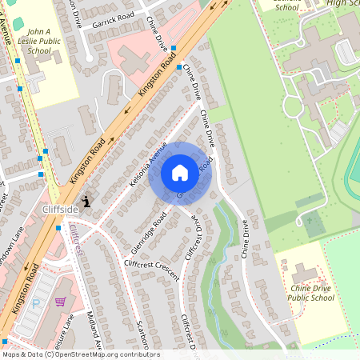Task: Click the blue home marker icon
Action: [x=180, y=173]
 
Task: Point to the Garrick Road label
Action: [x=114, y=18]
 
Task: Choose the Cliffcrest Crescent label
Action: [x=151, y=265]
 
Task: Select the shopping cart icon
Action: [x=60, y=302]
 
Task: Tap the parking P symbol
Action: [x=36, y=304]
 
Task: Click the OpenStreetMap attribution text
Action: [x=80, y=354]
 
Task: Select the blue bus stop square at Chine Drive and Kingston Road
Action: [x=180, y=68]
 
